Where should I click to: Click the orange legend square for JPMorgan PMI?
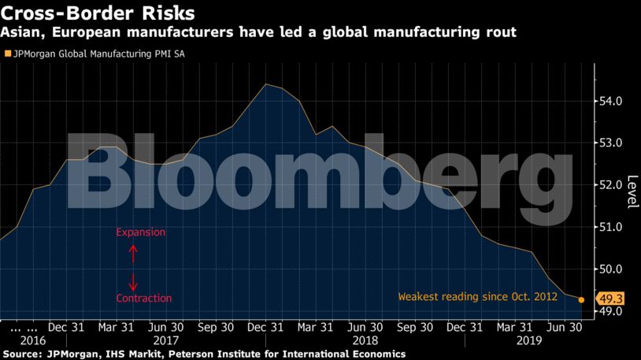(8, 55)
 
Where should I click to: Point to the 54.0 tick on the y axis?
(612, 102)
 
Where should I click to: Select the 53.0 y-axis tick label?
(612, 143)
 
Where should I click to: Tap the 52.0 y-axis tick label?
(612, 185)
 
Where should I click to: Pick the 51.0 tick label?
(612, 227)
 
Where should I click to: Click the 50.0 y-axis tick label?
(612, 269)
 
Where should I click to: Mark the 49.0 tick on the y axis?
(612, 311)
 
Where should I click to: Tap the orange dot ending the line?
(581, 299)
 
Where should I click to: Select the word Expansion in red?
(141, 233)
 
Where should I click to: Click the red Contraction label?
(143, 299)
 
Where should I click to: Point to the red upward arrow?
(133, 252)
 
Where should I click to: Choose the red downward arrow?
(133, 280)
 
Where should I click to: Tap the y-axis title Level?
(632, 191)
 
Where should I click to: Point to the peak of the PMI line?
(266, 84)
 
